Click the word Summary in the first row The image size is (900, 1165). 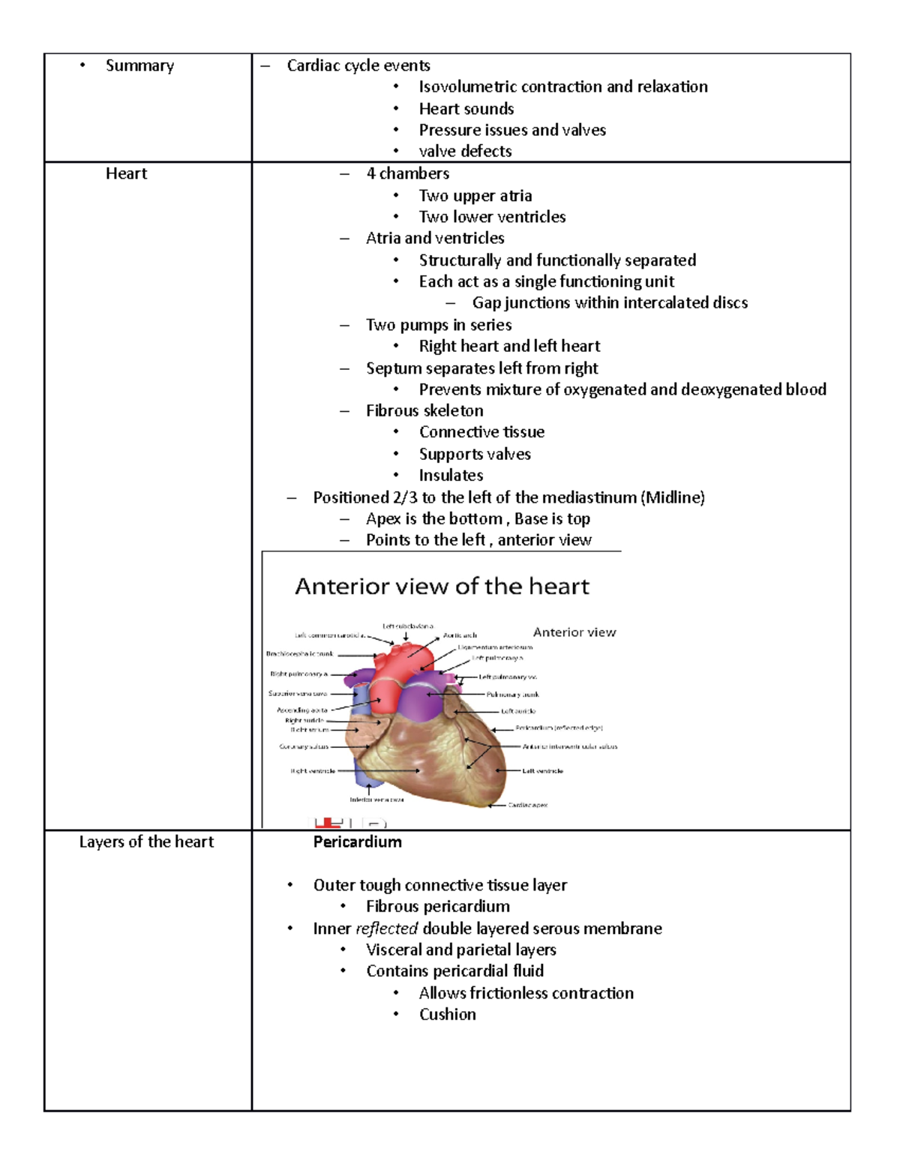(x=139, y=66)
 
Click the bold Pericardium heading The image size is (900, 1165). (x=357, y=842)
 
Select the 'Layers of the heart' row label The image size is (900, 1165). (x=146, y=842)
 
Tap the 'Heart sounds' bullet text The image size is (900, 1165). (x=466, y=109)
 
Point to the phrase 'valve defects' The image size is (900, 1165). (x=465, y=152)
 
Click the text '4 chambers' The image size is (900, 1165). (x=407, y=174)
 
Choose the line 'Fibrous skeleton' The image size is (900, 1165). (x=424, y=410)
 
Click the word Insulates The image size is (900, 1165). (x=451, y=476)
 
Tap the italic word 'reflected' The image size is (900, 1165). (x=386, y=929)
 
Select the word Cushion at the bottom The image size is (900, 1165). (x=447, y=1014)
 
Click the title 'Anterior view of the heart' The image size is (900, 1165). (x=442, y=586)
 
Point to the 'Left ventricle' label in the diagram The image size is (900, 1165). (x=542, y=771)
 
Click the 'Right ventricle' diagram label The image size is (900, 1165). (x=313, y=771)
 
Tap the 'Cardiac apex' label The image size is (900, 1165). (x=528, y=805)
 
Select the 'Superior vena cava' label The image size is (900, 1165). (x=298, y=694)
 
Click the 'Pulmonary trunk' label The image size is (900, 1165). (x=512, y=695)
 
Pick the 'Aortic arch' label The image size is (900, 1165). (x=460, y=635)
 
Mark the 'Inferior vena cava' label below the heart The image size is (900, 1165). (x=376, y=800)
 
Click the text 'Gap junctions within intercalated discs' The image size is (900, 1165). (x=610, y=303)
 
